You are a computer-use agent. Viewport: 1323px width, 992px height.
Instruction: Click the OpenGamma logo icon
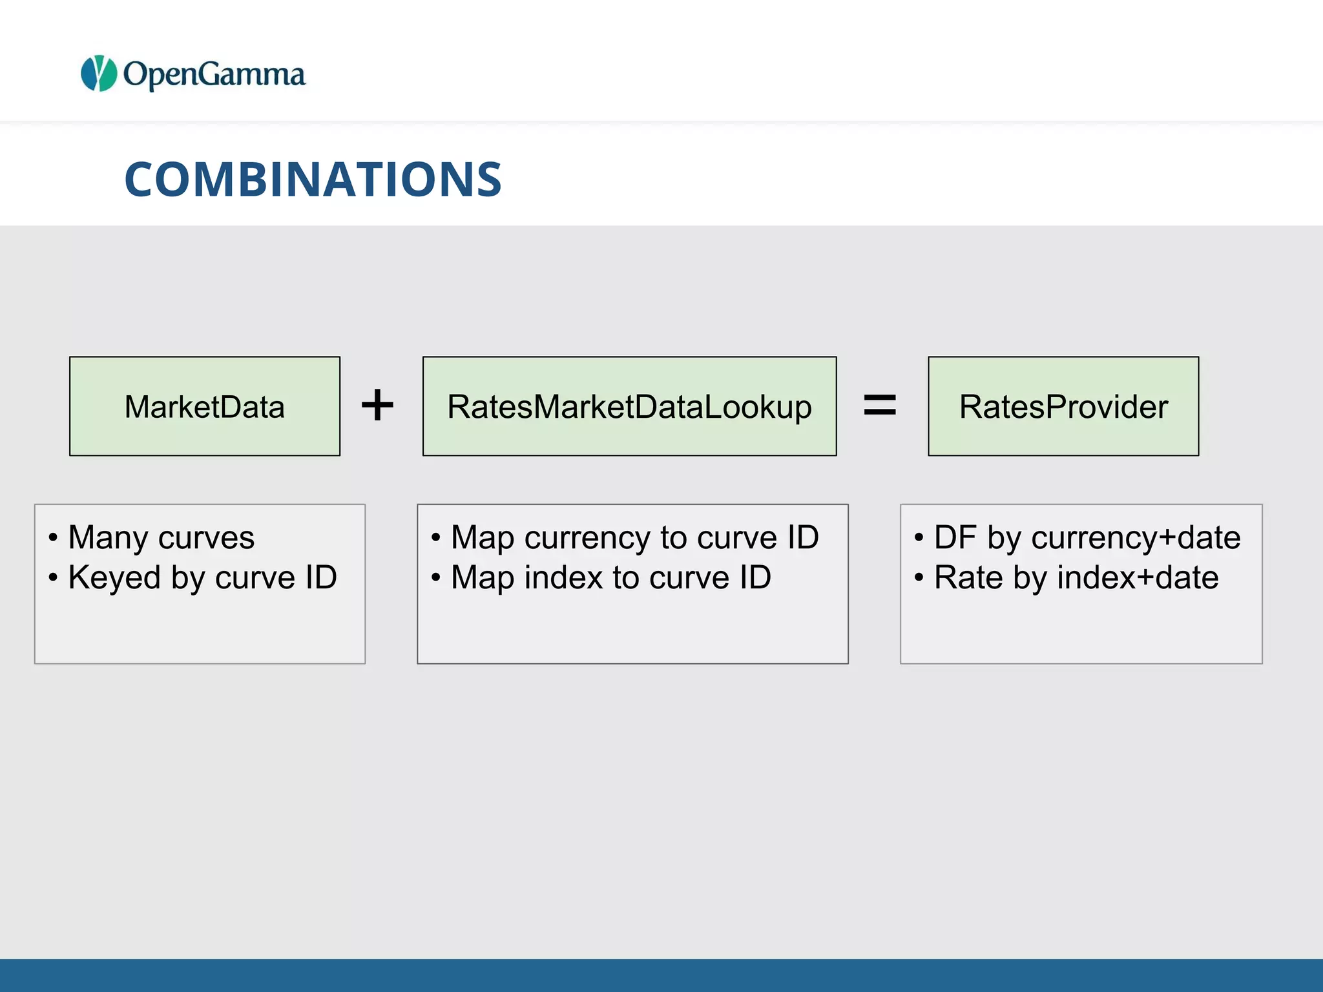99,73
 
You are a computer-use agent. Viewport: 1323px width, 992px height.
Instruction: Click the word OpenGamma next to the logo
214,75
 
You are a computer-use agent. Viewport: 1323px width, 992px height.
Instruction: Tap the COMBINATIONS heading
313,179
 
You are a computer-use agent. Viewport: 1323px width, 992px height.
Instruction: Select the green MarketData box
205,406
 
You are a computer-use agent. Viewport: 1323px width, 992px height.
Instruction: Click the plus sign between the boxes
377,406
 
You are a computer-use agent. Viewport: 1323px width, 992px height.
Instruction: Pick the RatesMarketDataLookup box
629,406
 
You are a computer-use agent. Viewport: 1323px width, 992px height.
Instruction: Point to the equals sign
880,406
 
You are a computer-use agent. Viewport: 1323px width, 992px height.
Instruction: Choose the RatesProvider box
1063,406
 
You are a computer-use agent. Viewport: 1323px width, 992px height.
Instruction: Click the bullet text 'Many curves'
161,537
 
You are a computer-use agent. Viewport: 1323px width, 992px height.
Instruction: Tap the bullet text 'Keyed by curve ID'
202,577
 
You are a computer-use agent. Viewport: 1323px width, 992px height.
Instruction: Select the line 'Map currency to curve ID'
634,537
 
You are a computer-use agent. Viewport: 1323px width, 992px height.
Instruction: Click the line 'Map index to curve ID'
610,577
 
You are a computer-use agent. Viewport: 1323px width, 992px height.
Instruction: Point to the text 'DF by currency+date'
1087,537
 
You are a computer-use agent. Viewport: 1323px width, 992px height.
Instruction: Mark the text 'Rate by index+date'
1076,577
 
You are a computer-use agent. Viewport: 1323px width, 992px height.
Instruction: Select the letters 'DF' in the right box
955,537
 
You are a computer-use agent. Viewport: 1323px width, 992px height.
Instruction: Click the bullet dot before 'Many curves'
53,538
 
